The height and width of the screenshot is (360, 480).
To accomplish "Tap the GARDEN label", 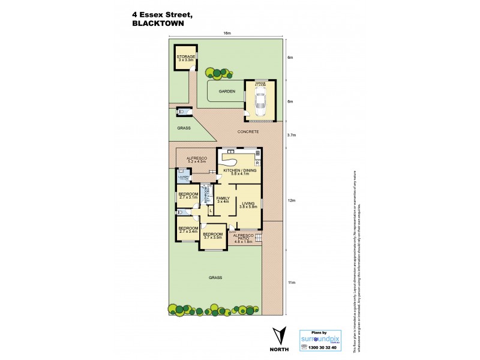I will coord(226,91).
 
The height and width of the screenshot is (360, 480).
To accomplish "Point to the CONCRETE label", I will coord(247,131).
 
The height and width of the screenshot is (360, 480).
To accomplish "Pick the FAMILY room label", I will coord(223,199).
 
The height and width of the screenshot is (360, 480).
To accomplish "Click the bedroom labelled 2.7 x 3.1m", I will coord(188,196).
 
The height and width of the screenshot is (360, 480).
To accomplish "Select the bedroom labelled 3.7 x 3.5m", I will coord(212,236).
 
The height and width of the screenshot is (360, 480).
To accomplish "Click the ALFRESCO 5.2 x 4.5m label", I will coord(196,159).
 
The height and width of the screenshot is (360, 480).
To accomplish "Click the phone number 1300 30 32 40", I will coord(319,348).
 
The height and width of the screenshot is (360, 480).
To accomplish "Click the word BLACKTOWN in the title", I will coord(157,25).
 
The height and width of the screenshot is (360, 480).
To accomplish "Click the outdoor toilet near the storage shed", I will coord(182,112).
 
